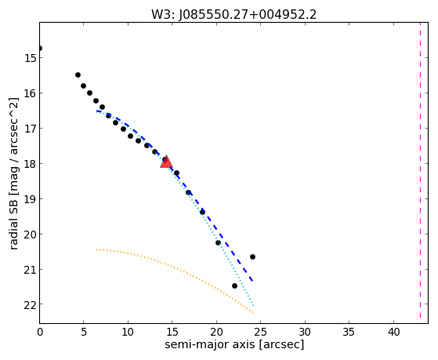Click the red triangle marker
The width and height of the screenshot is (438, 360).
(x=166, y=162)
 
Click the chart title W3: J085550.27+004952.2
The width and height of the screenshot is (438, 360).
(x=234, y=15)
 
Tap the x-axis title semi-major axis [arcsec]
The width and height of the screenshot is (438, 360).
(x=234, y=344)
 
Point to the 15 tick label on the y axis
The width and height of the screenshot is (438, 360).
(x=30, y=58)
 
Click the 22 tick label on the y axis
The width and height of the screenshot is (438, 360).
(x=30, y=304)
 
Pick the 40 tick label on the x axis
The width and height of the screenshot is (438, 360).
(x=393, y=332)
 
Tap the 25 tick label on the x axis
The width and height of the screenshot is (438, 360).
(x=261, y=332)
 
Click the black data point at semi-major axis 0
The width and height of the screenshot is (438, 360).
(x=40, y=49)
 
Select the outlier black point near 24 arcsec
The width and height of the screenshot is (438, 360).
(x=252, y=256)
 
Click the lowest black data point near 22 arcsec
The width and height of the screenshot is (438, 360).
(x=234, y=285)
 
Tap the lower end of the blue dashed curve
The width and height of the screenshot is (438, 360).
(x=252, y=281)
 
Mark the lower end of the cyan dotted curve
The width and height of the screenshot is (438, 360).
(x=253, y=305)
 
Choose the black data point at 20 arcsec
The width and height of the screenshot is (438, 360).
(x=218, y=242)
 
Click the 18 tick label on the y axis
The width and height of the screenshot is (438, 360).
(x=30, y=164)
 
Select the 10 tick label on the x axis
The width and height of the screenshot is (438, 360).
(x=128, y=332)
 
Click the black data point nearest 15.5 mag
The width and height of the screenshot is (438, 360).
(x=78, y=75)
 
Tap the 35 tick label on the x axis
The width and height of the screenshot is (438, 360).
(x=349, y=332)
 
